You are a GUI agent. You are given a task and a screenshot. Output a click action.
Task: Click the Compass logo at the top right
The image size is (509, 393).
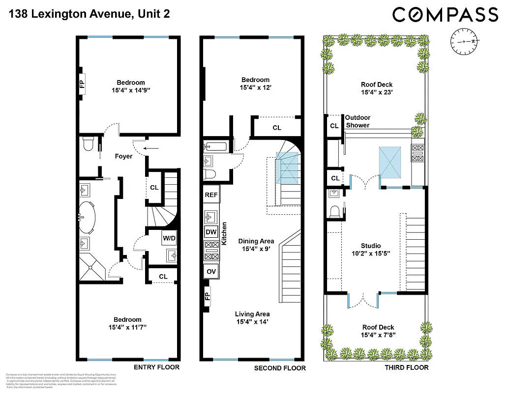tap(445, 15)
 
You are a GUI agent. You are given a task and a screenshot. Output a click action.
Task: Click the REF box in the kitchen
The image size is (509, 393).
tap(211, 195)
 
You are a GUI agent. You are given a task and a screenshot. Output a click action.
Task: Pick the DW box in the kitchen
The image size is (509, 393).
tap(211, 232)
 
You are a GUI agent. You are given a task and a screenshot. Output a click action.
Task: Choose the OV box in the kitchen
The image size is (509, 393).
tap(211, 271)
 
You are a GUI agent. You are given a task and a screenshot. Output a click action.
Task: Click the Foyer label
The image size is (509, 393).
tap(123, 157)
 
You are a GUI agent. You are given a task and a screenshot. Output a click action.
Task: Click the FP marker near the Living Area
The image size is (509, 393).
tap(207, 297)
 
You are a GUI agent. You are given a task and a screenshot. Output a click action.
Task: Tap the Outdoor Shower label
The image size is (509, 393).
tap(358, 121)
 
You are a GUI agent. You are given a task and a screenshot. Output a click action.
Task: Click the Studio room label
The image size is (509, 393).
tap(371, 246)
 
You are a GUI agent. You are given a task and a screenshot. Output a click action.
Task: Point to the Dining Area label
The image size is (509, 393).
tap(256, 241)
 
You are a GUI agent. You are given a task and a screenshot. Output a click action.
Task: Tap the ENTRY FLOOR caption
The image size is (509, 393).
tap(157, 367)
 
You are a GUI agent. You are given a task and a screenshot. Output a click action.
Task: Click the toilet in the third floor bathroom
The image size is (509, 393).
tap(335, 211)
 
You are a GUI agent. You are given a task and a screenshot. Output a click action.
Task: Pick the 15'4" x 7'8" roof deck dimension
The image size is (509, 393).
tap(378, 336)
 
